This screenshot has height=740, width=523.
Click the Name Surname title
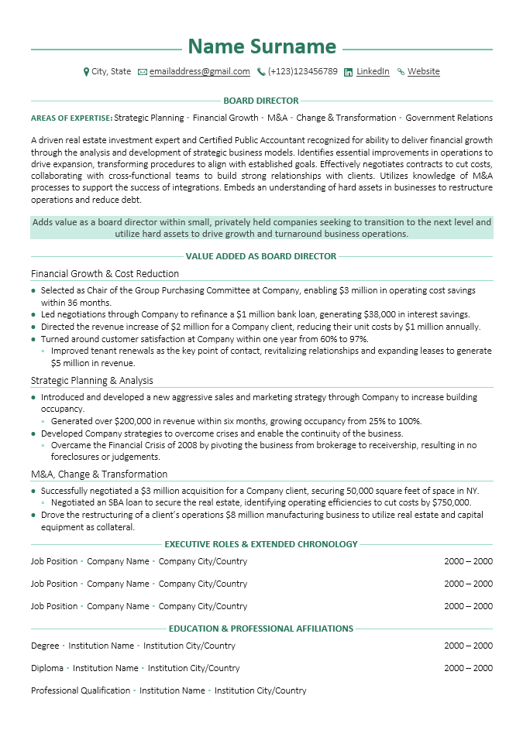point(262,46)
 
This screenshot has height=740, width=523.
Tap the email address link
point(200,72)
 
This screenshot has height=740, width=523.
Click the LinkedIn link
point(373,72)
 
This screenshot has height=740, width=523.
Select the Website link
point(423,72)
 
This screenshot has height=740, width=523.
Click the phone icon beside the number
point(262,72)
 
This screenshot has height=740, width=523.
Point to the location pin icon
point(86,72)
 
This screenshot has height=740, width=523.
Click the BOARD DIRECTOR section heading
point(261,101)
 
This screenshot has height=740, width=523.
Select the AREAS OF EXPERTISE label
point(71,118)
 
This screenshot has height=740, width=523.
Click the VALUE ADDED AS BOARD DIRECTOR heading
point(261,256)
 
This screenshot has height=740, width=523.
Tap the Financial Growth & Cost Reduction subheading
point(105,274)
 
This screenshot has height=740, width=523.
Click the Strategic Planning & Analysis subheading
point(91,381)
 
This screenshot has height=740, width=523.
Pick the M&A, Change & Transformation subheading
point(99,474)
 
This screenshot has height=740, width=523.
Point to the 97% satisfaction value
point(357,339)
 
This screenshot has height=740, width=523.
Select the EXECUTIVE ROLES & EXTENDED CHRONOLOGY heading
point(261,544)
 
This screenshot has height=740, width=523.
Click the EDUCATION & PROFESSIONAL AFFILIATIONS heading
point(261,629)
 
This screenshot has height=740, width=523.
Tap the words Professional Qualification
point(81,690)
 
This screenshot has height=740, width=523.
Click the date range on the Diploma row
point(468,668)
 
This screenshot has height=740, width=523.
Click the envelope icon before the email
point(143,72)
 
